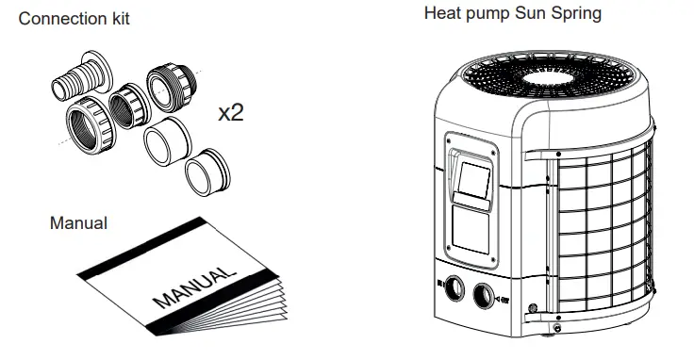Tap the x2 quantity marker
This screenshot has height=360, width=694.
(x=230, y=113)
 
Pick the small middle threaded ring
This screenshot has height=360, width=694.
(x=125, y=103)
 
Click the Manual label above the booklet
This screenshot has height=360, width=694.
(x=78, y=223)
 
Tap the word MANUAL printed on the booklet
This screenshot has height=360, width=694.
(x=190, y=288)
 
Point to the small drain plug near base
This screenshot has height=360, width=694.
(x=534, y=308)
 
